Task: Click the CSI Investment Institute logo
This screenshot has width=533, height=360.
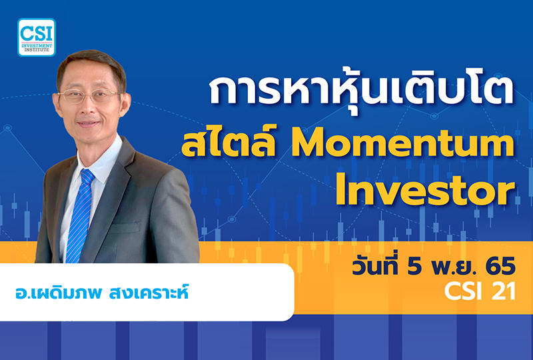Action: (37, 37)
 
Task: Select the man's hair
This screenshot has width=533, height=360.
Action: (90, 63)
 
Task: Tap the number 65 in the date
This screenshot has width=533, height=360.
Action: (499, 267)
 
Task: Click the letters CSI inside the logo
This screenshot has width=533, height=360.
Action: (37, 31)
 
